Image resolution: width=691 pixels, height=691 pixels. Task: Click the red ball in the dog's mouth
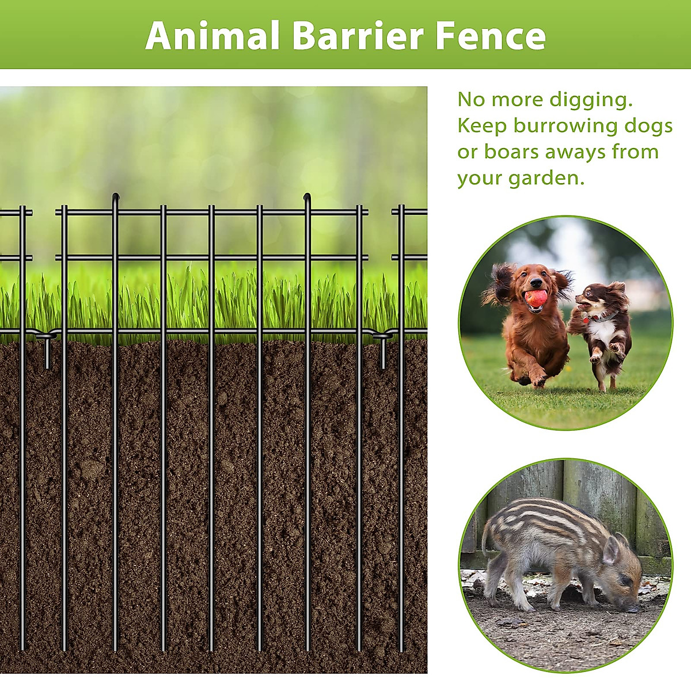(x=536, y=298)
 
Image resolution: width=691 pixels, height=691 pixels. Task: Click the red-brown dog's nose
(x=536, y=284)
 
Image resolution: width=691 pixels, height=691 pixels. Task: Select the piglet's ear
(x=610, y=550)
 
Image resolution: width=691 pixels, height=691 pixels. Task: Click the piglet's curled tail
(x=485, y=538)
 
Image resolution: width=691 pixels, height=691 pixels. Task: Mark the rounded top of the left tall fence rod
(x=115, y=196)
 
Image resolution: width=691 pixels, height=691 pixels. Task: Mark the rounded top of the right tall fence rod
(x=307, y=196)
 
